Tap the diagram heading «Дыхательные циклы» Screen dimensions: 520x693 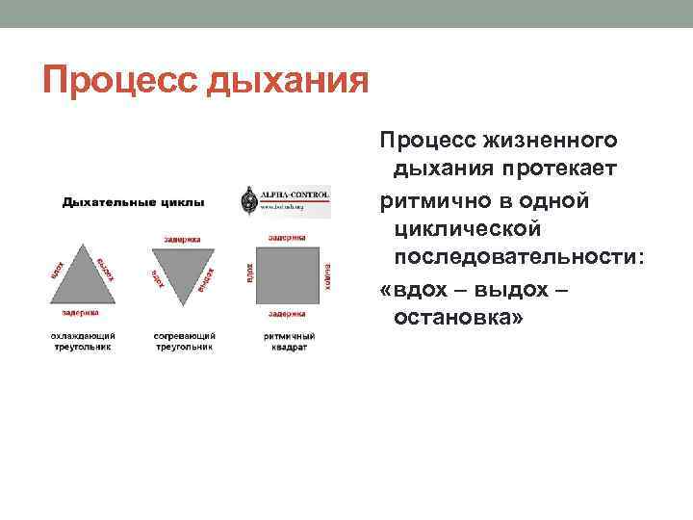click(133, 202)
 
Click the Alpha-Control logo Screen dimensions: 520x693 click(285, 200)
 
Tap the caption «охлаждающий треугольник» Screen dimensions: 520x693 click(82, 341)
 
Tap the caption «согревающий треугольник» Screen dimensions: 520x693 click(184, 341)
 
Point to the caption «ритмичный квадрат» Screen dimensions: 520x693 click(288, 341)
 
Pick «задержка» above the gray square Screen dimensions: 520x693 click(287, 235)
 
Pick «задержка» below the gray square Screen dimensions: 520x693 click(288, 313)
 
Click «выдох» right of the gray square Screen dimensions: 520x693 click(327, 275)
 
